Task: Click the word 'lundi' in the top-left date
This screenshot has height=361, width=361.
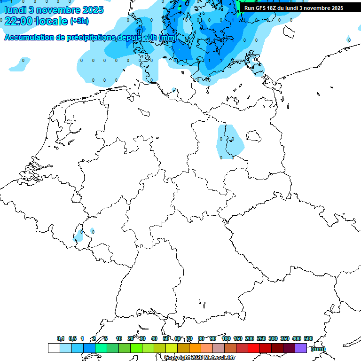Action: [x=15, y=10]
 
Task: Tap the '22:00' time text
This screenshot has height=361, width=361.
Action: [x=18, y=21]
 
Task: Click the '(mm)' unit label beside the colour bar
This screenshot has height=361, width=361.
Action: [x=318, y=349]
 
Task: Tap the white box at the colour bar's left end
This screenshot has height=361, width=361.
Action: [x=54, y=348]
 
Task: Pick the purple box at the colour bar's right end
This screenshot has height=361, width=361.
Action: [x=301, y=348]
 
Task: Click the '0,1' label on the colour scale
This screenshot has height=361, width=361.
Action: [x=61, y=338]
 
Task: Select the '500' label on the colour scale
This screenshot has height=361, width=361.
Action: [x=308, y=338]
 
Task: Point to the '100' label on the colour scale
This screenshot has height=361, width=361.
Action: [x=226, y=338]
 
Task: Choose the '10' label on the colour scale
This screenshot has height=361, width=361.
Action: [x=119, y=338]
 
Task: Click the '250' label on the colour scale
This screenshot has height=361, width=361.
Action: [x=261, y=338]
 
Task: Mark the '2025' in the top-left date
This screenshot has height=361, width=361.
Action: [x=93, y=10]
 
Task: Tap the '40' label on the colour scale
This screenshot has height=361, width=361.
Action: [x=154, y=338]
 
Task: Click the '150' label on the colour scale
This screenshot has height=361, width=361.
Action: [x=238, y=338]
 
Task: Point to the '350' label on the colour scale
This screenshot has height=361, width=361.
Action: [x=285, y=338]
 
